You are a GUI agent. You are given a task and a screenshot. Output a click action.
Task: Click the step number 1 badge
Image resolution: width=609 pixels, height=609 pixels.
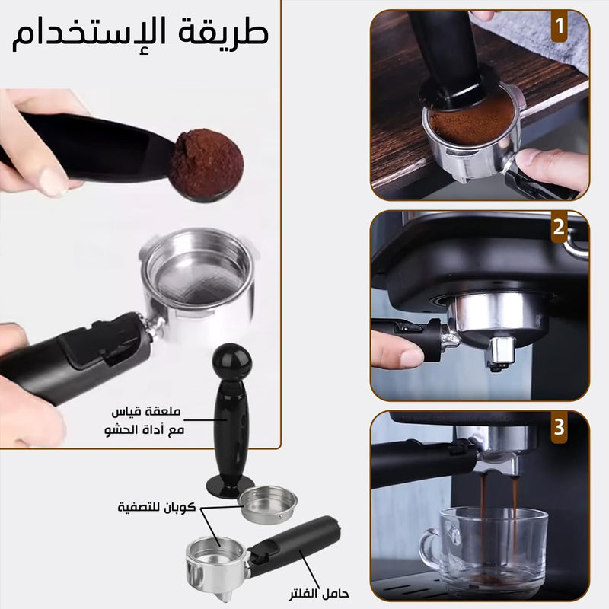pos(559,26)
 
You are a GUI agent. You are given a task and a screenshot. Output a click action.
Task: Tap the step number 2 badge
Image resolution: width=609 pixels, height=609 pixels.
pos(559,227)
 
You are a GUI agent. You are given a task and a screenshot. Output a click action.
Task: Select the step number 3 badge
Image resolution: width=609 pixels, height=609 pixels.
pos(559,427)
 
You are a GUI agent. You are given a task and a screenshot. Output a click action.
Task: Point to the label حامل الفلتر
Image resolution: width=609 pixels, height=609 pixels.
pos(319,594)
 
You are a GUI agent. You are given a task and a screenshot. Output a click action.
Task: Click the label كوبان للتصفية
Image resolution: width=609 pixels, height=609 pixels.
pos(157,507)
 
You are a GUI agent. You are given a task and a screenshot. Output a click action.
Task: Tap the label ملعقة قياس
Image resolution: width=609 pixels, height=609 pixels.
pos(146,411)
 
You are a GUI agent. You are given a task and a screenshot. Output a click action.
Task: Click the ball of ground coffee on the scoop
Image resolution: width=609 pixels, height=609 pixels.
pos(207,163)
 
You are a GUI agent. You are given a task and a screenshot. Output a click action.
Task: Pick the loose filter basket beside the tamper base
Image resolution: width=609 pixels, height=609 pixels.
pos(267,504)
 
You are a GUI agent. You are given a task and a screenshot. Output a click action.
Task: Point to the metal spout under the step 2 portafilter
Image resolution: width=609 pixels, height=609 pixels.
pos(500,353)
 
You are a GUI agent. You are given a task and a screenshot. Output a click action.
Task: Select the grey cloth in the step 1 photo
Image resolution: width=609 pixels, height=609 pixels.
pos(544,39)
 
